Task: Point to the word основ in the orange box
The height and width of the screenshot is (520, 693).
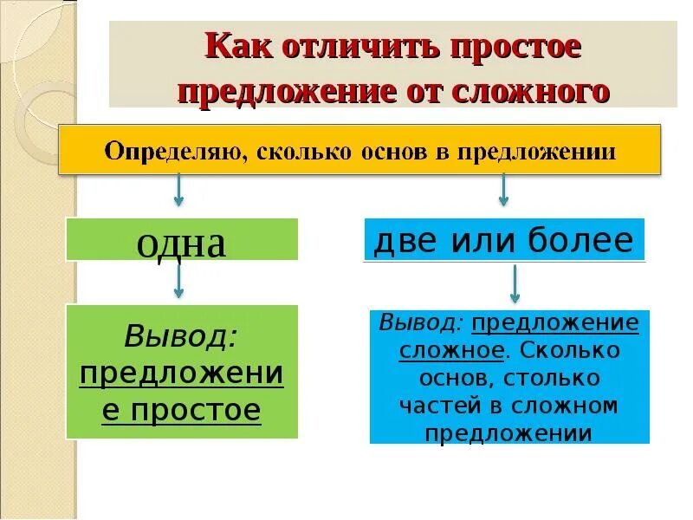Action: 401,153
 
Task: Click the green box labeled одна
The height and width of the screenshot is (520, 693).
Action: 182,240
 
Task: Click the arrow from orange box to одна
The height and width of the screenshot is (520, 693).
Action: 178,190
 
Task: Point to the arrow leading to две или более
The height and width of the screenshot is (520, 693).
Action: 503,190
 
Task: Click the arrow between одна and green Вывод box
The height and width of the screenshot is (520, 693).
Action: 178,280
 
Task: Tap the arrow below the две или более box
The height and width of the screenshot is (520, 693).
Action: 514,284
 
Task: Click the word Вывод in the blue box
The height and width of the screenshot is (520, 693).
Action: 421,323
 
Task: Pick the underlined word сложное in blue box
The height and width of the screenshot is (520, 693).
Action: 450,351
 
